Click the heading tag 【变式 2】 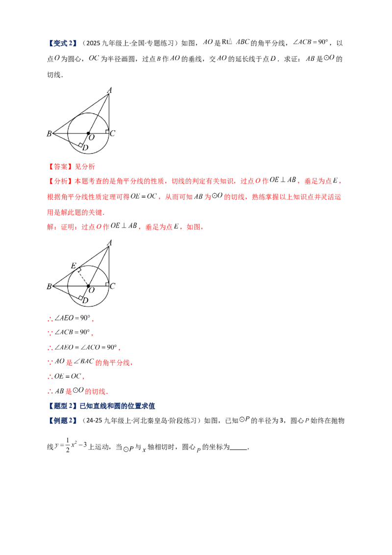[x=62, y=43]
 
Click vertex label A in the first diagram [x=109, y=90]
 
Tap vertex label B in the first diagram [x=49, y=133]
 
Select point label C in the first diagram [x=113, y=133]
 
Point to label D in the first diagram [x=85, y=148]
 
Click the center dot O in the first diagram [x=89, y=133]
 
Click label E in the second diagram [x=73, y=265]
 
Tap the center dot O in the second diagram [x=89, y=286]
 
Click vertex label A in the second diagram [x=109, y=243]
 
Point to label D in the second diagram [x=85, y=300]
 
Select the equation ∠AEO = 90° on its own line [x=70, y=318]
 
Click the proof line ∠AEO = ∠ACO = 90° [x=83, y=348]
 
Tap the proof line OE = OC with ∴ [x=66, y=376]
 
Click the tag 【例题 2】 [x=62, y=421]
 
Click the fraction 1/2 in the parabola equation [x=68, y=446]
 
